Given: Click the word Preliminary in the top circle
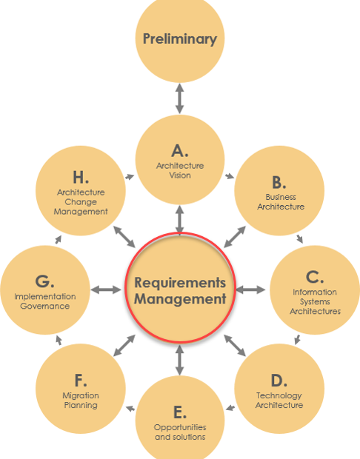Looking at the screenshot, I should coord(180,39).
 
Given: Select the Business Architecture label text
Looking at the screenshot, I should coord(280,202).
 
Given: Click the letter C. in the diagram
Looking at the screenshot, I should coord(315,278).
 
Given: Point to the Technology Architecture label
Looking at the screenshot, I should coord(279,401).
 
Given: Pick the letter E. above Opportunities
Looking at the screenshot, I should coord(180,412).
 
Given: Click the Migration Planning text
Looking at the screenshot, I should coord(80,401).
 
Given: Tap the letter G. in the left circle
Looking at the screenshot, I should coord(44,281).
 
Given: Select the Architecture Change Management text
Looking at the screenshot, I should coord(80,201).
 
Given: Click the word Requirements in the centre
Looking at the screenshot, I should coord(180,283).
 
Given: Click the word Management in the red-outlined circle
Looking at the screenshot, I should coord(180,300).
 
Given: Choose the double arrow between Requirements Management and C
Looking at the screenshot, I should coord(250,289).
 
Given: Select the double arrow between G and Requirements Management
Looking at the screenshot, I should coord(105,289).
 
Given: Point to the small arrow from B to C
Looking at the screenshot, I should coord(299,238).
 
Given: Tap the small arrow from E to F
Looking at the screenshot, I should coord(130,408).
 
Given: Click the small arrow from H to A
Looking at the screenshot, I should coord(130,177).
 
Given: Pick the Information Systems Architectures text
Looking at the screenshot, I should coord(315,301).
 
